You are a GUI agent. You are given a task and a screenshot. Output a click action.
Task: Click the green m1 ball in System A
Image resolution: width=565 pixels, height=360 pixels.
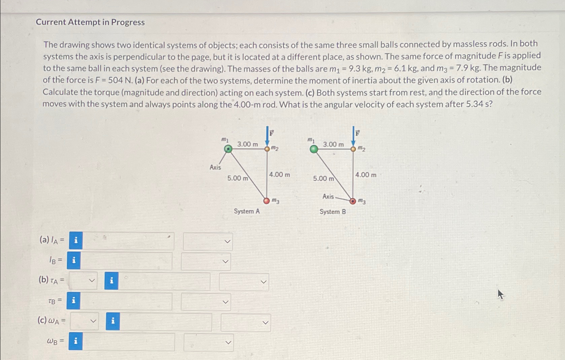tap(228, 149)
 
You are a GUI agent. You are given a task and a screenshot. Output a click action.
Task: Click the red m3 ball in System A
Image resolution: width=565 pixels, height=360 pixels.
tap(267, 201)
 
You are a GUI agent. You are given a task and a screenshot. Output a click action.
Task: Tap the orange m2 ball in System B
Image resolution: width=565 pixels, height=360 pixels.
tap(353, 149)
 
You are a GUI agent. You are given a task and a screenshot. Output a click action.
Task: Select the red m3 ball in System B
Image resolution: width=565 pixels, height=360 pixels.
tap(352, 201)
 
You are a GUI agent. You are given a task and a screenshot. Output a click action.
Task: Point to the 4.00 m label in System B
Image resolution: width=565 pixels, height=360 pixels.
tap(366, 175)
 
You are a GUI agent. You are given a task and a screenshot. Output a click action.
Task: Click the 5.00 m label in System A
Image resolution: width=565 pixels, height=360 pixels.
tap(238, 178)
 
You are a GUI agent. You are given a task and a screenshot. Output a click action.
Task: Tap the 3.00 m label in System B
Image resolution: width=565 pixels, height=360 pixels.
tap(333, 145)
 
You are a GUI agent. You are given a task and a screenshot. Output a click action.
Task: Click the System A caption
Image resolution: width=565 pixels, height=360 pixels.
tap(247, 211)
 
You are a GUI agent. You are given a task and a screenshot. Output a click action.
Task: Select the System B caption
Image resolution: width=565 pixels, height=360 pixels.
tap(332, 212)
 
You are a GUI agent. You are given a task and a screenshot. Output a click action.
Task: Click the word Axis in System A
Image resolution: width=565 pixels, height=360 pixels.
tap(215, 167)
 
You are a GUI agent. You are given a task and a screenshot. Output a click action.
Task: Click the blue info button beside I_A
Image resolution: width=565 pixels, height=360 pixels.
tap(76, 241)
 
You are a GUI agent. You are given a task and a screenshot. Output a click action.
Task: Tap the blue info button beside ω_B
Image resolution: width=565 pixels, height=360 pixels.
tap(76, 341)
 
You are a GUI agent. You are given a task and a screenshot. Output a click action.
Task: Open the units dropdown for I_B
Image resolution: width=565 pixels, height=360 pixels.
tap(206, 261)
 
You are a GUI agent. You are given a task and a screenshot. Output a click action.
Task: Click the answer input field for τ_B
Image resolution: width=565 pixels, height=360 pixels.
tap(126, 301)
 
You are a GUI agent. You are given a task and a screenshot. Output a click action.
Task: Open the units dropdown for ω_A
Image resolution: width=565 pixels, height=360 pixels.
tap(246, 322)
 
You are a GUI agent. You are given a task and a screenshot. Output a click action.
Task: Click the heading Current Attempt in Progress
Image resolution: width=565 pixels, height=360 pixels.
tap(90, 22)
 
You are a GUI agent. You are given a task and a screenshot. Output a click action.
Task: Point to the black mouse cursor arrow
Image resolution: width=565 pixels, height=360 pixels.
tap(500, 295)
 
